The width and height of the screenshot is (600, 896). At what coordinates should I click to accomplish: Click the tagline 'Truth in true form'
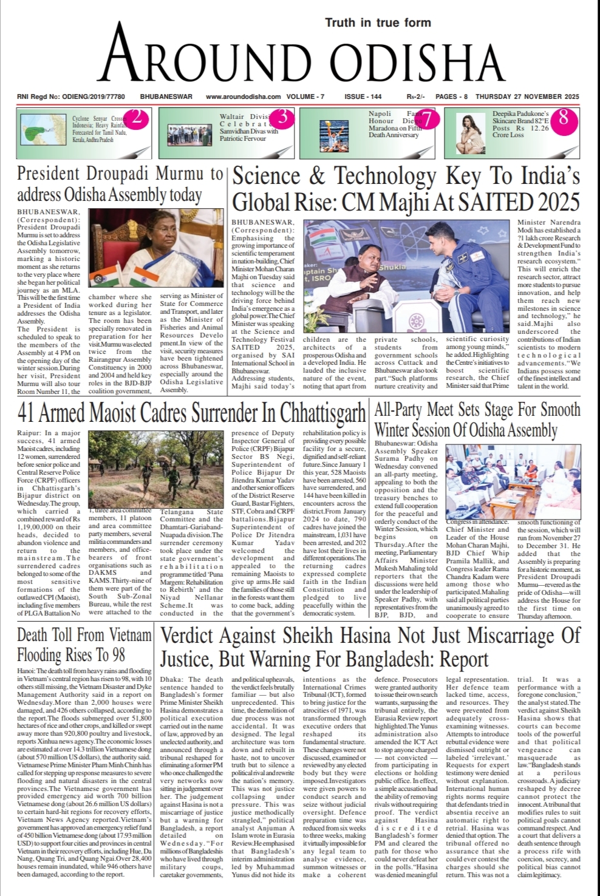pyautogui.click(x=378, y=22)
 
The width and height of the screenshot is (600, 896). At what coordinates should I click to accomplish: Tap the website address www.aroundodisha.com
pyautogui.click(x=243, y=97)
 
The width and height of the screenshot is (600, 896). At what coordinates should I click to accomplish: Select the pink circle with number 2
pyautogui.click(x=137, y=118)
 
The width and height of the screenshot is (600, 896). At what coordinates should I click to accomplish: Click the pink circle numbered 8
pyautogui.click(x=563, y=117)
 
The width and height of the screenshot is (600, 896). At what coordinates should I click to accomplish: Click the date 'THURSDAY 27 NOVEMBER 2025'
pyautogui.click(x=527, y=97)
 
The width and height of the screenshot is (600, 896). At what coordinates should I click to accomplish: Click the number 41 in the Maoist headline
pyautogui.click(x=26, y=413)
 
